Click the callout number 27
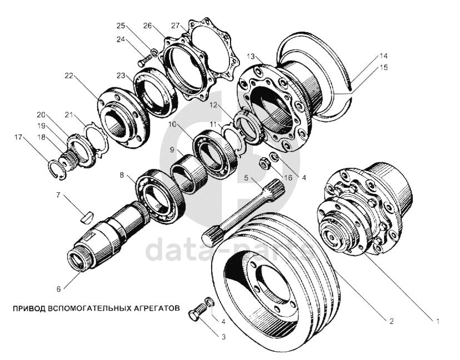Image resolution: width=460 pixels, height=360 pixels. tap(176, 26)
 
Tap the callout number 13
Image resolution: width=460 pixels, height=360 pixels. tap(251, 56)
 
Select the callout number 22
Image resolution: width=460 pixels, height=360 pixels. tap(69, 76)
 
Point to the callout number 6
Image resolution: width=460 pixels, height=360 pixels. tap(59, 289)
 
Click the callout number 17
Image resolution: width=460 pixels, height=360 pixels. tap(18, 137)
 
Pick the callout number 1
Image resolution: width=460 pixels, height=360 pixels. tap(438, 321)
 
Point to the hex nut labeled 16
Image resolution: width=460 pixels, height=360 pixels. tap(265, 163)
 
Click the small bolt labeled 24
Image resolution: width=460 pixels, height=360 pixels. tap(144, 61)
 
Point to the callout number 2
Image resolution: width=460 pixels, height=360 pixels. tap(391, 321)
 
